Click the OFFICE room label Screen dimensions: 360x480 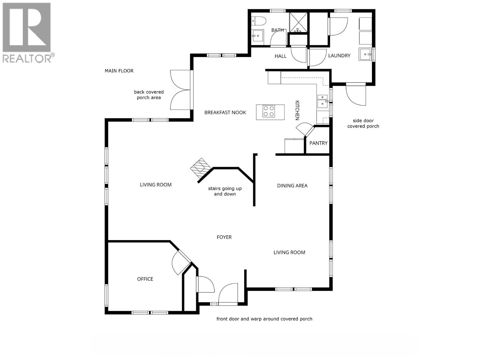[145, 279]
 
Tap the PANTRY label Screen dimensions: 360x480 [318, 143]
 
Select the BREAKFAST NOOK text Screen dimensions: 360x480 [225, 112]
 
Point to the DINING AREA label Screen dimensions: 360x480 [292, 186]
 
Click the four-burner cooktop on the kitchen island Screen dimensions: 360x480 [269, 112]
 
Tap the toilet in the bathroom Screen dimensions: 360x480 [260, 21]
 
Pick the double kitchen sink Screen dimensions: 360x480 [322, 101]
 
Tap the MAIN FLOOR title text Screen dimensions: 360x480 [119, 71]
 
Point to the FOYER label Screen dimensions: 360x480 [224, 237]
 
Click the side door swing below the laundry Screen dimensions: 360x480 [356, 94]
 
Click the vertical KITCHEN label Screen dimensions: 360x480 [297, 110]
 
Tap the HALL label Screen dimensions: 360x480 [280, 56]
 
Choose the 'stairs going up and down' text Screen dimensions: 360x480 [225, 191]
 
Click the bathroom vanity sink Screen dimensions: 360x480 [257, 36]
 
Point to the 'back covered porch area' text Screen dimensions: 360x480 [149, 95]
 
